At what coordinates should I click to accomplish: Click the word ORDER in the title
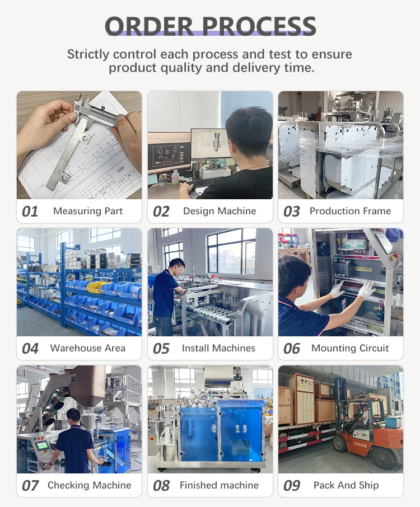(150, 26)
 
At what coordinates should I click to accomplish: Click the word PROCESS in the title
(259, 26)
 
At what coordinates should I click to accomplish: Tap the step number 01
(30, 212)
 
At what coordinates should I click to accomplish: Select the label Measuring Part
(88, 211)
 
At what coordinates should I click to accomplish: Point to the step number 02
(161, 212)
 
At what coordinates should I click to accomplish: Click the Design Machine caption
(220, 211)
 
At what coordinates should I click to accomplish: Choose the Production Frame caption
(350, 211)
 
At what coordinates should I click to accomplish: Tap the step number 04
(30, 349)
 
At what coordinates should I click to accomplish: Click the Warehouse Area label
(88, 348)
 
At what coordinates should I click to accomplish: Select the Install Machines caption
(218, 348)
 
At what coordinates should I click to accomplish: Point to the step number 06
(292, 349)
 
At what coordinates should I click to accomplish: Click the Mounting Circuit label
(350, 348)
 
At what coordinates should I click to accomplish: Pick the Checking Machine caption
(89, 485)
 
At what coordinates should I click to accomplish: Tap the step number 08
(161, 486)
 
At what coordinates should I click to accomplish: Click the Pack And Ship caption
(346, 485)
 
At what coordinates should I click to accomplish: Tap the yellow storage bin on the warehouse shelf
(96, 286)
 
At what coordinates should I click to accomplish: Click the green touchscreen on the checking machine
(43, 446)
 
